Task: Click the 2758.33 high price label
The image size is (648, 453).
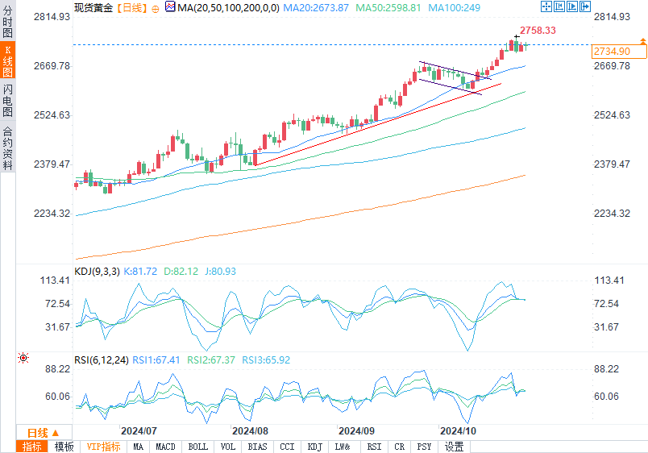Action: (538, 30)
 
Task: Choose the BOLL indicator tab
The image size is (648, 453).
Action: (197, 447)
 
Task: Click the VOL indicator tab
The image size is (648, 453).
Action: (228, 447)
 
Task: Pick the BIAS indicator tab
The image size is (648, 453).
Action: (258, 447)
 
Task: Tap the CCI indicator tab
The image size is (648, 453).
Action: (286, 447)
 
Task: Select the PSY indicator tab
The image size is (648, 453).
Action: (423, 447)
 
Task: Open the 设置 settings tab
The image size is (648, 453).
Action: (454, 447)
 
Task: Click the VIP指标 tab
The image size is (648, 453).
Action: (103, 447)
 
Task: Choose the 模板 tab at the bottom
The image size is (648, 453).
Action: (64, 447)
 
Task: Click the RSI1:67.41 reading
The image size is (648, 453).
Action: (157, 359)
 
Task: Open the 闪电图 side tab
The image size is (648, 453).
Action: (7, 100)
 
